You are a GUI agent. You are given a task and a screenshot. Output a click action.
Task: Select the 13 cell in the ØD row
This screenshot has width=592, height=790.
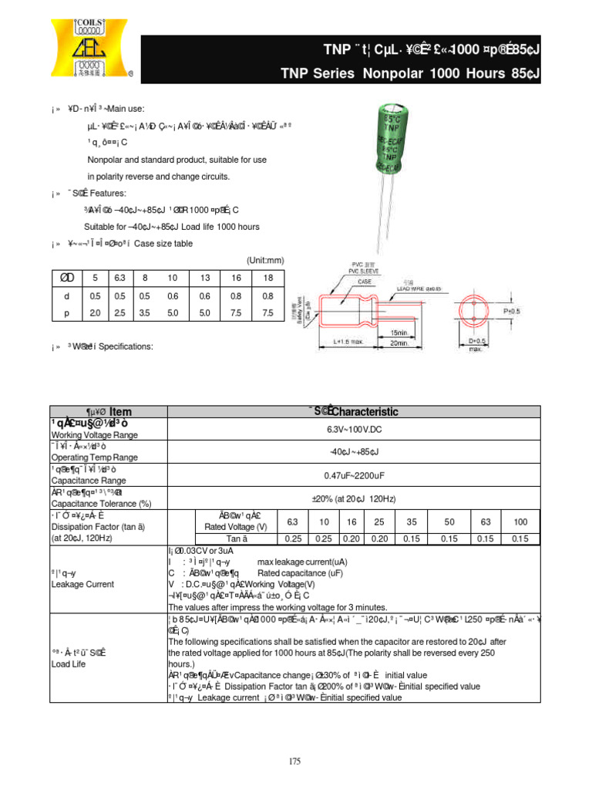click(204, 277)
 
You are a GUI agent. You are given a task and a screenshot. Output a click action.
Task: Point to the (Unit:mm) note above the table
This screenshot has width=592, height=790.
click(265, 260)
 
